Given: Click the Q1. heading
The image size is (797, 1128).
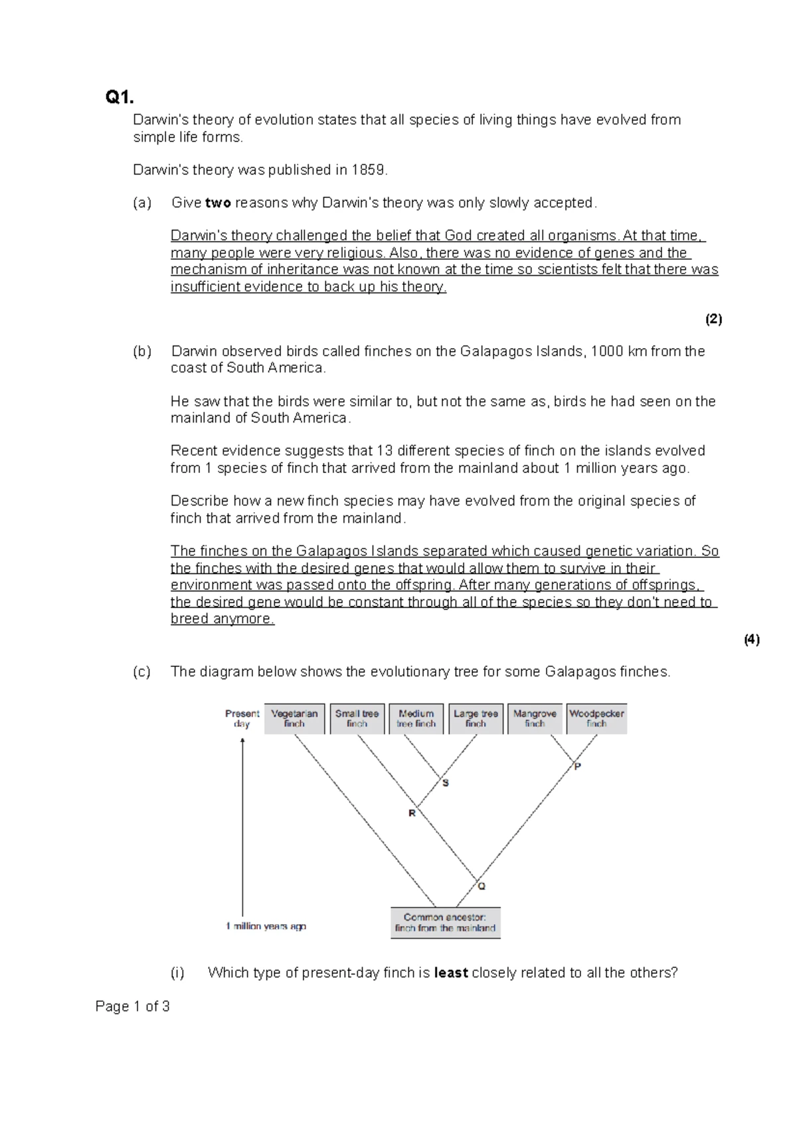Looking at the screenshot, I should coord(120,98).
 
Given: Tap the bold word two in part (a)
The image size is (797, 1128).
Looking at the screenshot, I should coord(218,203).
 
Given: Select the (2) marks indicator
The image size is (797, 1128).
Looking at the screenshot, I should coord(713,320).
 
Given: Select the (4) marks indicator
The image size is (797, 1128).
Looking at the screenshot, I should coord(751,640).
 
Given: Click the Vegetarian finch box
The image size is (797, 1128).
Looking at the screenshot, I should coord(294,719).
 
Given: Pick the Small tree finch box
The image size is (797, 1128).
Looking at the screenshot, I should coord(357,719).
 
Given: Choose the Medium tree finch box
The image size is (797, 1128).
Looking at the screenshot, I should coord(416,719).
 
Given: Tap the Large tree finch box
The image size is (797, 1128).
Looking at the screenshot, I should coord(476,719).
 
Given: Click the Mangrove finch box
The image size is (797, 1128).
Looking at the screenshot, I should coord(535,719).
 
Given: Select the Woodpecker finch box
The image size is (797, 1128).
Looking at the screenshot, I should coord(596,719).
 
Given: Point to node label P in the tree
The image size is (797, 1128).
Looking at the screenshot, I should coord(578,767).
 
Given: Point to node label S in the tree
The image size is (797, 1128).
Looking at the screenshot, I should coord(446,783).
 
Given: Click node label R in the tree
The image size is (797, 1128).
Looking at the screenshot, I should coord(412,813).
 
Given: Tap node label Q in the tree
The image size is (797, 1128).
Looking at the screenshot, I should coord(482,886).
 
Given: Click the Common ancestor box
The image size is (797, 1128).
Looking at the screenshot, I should coord(445,923).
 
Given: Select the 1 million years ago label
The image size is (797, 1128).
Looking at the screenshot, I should coord(266,926).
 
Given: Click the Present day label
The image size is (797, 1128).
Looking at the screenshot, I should coord(242,719).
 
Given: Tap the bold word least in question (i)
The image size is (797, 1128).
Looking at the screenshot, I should coord(451,973).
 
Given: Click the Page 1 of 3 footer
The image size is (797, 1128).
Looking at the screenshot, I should coord(132,1006).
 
